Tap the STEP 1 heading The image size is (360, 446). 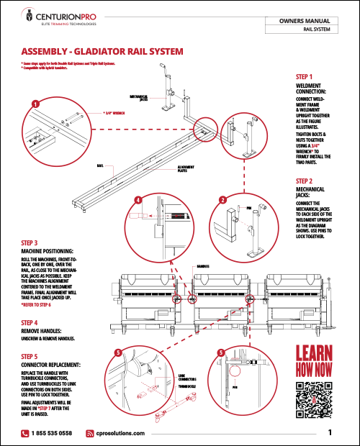coord(304,76)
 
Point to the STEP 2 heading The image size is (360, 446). coord(304,181)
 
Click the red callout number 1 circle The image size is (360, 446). coord(33,104)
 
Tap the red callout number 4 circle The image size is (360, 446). coord(138,199)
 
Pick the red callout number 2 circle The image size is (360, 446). coord(223,199)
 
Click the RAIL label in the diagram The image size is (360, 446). coord(100,165)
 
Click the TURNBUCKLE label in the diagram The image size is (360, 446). coord(186,386)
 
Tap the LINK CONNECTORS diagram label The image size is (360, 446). coord(186,376)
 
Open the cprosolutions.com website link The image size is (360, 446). coord(120,433)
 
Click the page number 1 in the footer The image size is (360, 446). coord(329,432)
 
